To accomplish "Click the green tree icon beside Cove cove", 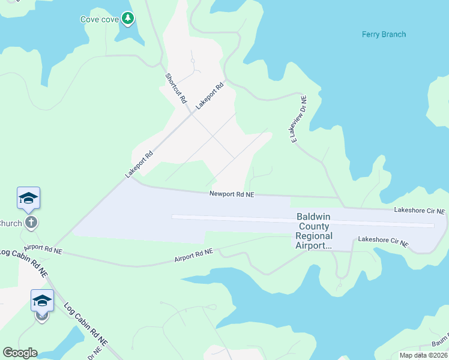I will (x=127, y=19).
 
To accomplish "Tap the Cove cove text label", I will (x=100, y=19).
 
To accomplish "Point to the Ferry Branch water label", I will (x=384, y=34).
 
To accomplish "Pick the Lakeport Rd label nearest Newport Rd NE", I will (x=139, y=164).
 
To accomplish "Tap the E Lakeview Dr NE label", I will (x=299, y=119).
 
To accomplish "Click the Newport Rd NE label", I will (x=232, y=194).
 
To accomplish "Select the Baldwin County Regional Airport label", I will (x=313, y=231).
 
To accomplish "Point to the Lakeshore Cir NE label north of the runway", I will (x=420, y=211).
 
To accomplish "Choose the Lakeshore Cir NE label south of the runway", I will (x=383, y=241).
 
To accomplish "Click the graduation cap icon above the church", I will (x=28, y=199).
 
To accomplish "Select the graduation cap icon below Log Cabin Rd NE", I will (x=42, y=301).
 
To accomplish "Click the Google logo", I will (x=20, y=353).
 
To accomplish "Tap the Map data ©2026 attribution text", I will (x=424, y=355).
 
